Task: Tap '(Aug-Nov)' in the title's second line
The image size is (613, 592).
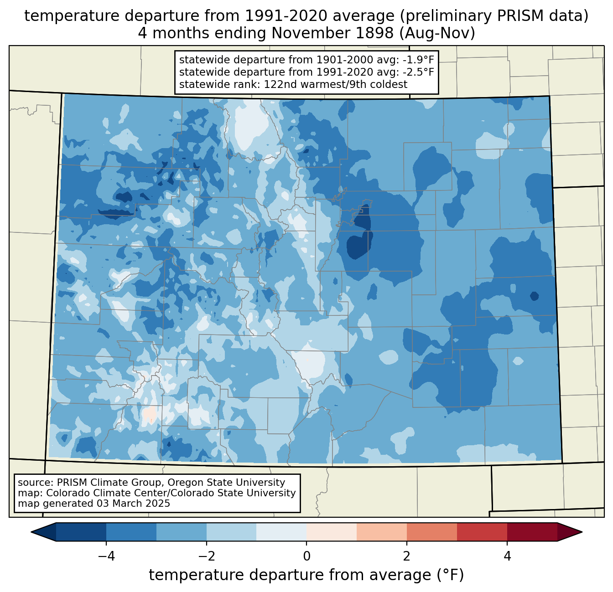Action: (x=437, y=33)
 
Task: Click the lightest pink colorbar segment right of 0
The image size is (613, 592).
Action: (x=332, y=532)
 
